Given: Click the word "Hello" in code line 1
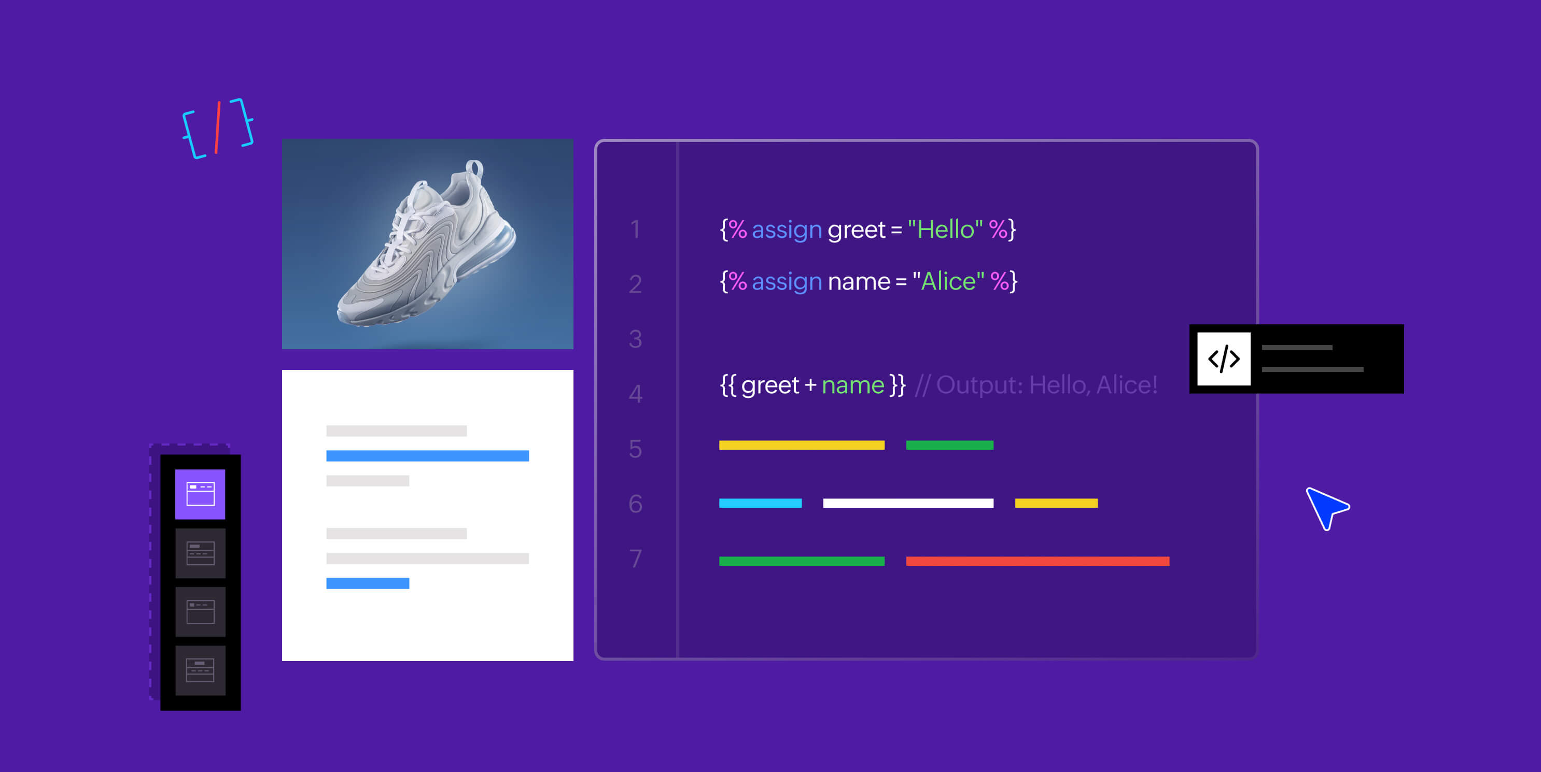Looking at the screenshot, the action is tap(945, 230).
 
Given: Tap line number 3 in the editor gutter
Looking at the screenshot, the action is tap(635, 339).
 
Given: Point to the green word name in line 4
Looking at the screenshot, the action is tap(852, 385).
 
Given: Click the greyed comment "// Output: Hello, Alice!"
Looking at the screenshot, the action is tap(1036, 385).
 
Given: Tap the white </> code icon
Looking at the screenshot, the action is tap(1223, 359).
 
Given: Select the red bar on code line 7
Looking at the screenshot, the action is tap(1038, 561).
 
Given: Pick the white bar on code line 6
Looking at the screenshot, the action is tap(908, 503).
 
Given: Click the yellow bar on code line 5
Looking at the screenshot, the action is tap(802, 445).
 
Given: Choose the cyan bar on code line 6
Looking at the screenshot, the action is tap(760, 503).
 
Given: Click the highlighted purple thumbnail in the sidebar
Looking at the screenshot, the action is tap(200, 494).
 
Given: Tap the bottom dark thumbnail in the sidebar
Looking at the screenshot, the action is tap(200, 670).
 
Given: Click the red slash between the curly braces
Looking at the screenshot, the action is tap(218, 127).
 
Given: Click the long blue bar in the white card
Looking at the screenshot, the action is tap(427, 455).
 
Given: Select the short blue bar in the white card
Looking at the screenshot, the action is tap(367, 583).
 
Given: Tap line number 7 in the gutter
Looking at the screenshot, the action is tap(635, 559).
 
